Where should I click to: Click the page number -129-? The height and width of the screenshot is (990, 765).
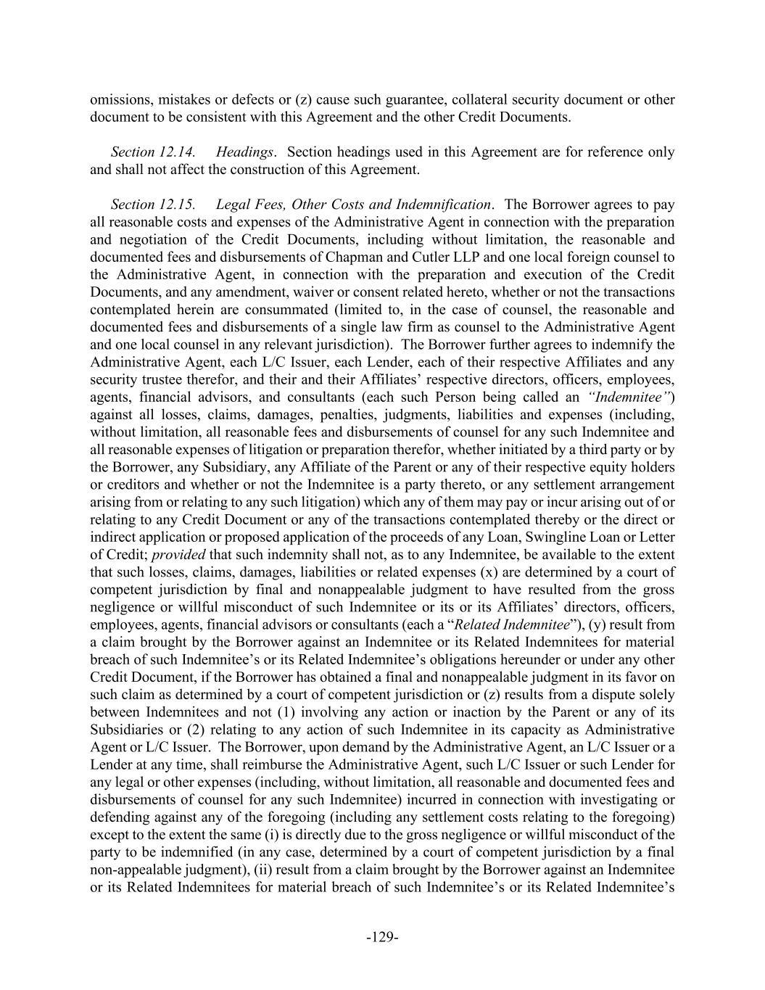[x=382, y=937]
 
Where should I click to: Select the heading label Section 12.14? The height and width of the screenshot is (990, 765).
[x=153, y=152]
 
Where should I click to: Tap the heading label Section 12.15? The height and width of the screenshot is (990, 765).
[x=153, y=205]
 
